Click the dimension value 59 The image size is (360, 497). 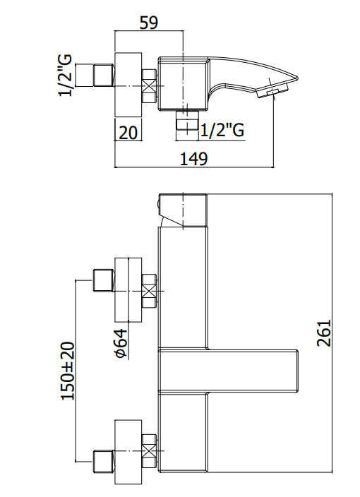[148, 22]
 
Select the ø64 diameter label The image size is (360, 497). [121, 342]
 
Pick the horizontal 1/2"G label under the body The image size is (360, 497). [222, 130]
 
